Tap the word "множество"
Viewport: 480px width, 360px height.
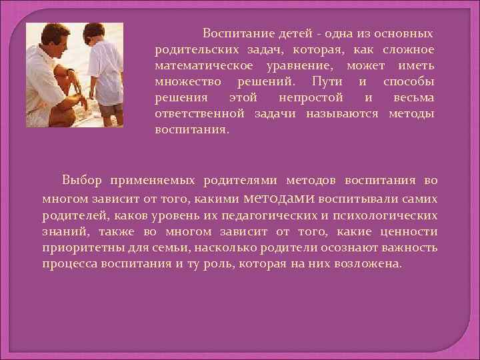pyautogui.click(x=189, y=82)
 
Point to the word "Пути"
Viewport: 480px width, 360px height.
pyautogui.click(x=326, y=82)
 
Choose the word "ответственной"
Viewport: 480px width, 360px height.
pyautogui.click(x=201, y=114)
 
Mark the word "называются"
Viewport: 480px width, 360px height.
pyautogui.click(x=339, y=114)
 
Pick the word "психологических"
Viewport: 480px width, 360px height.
pyautogui.click(x=386, y=215)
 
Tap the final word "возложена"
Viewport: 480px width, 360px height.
pyautogui.click(x=369, y=264)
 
